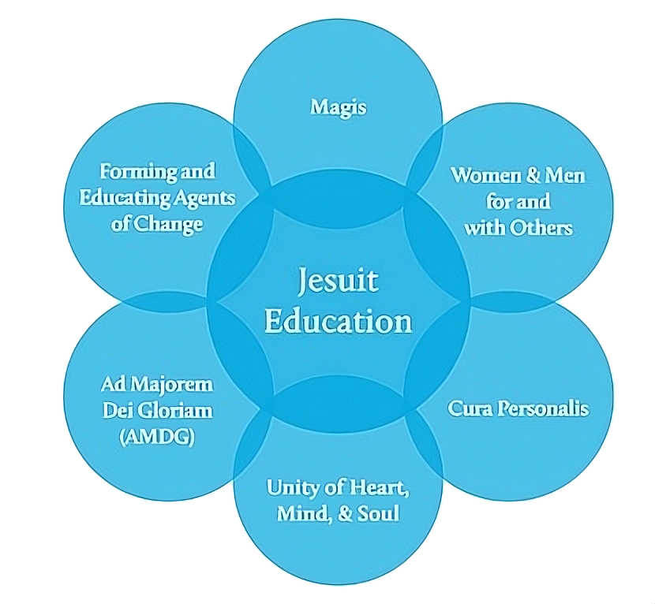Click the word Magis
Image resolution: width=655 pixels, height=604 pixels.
click(338, 106)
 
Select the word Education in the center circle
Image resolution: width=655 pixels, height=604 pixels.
click(338, 321)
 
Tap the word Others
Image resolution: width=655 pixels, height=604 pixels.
click(540, 228)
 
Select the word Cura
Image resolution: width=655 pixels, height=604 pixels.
click(470, 408)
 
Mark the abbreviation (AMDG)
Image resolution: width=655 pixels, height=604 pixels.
click(157, 437)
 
